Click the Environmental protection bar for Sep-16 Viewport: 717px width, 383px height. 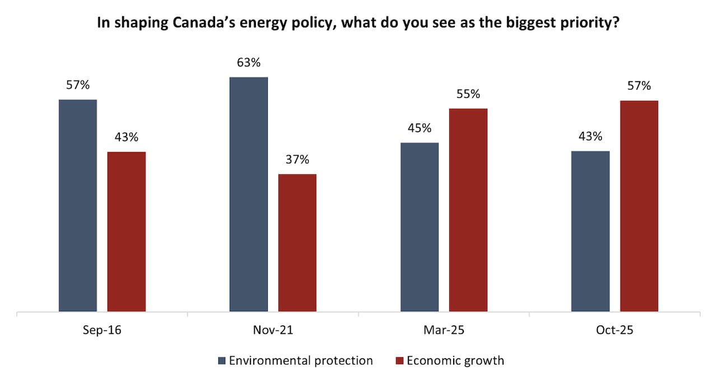point(78,205)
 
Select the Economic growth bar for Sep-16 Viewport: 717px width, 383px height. point(127,231)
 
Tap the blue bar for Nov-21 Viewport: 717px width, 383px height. point(249,194)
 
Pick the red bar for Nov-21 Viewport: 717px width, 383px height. point(297,242)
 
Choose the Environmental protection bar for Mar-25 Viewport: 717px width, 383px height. point(420,227)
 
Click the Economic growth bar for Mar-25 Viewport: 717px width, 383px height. point(468,210)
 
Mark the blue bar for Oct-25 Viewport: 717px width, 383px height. point(590,231)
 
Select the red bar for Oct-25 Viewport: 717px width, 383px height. point(639,206)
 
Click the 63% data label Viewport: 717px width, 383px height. point(249,63)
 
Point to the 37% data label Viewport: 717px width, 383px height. point(297,160)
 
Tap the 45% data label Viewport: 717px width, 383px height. point(420,128)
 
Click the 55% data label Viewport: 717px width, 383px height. point(468,94)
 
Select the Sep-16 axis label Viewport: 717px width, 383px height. point(102,330)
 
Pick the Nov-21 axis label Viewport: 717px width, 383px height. point(273,330)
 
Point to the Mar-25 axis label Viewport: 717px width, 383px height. point(444,330)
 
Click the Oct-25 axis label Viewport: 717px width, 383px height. point(614,330)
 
